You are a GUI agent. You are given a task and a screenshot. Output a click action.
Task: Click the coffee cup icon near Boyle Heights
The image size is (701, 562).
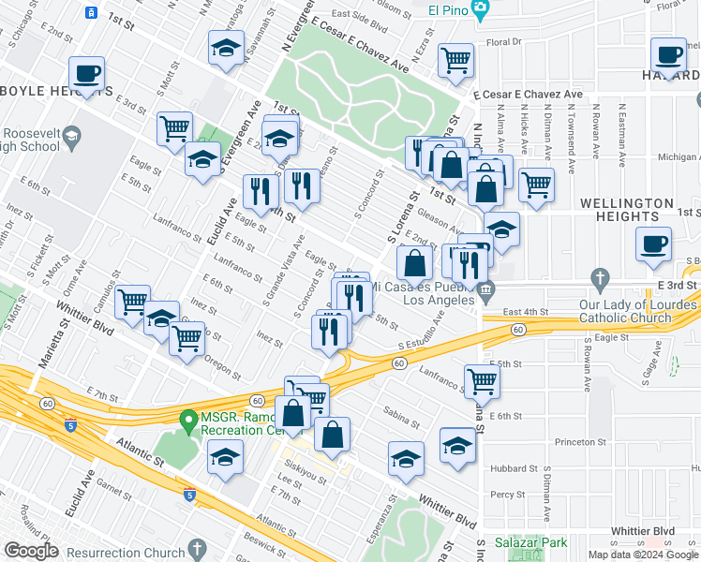pos(86,73)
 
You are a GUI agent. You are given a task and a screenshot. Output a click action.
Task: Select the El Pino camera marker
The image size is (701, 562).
pos(481,9)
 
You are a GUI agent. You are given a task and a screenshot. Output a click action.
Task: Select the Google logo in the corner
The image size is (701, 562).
pos(30,551)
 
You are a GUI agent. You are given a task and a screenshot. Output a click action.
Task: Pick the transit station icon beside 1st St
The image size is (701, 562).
pos(91,12)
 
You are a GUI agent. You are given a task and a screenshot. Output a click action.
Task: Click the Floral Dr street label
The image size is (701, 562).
pos(503,42)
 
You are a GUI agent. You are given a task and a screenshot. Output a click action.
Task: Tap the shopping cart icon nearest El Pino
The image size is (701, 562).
pos(455,61)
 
